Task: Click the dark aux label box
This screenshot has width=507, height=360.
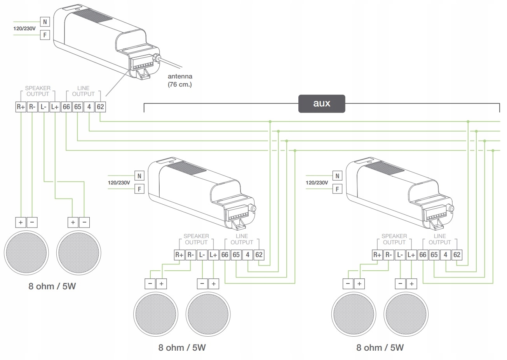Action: point(322,104)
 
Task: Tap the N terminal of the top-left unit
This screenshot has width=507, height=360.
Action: point(45,22)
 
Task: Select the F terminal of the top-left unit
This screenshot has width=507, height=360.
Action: point(45,35)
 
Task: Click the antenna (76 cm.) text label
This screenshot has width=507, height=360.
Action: point(180,80)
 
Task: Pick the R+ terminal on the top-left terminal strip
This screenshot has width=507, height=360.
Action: point(21,107)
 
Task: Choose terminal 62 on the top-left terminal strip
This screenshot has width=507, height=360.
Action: point(100,107)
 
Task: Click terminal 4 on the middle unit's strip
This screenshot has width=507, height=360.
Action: point(247,255)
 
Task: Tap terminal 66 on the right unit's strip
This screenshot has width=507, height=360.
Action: point(423,255)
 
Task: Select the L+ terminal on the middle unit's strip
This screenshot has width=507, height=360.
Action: point(213,255)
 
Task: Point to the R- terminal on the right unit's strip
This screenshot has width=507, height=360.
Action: point(389,255)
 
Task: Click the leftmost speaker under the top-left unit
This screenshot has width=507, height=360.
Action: point(26,253)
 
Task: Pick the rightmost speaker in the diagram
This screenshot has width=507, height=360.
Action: point(406,314)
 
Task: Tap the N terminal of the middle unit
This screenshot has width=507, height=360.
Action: point(139,176)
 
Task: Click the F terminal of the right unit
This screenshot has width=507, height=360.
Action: point(337,189)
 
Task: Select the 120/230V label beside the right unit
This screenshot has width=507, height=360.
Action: point(317,183)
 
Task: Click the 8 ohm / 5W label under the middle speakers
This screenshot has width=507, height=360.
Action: point(182,348)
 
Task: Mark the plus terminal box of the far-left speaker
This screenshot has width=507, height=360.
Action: point(21,223)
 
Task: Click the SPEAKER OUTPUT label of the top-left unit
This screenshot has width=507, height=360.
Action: point(38,91)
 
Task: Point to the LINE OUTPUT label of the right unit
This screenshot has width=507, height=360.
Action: point(440,239)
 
